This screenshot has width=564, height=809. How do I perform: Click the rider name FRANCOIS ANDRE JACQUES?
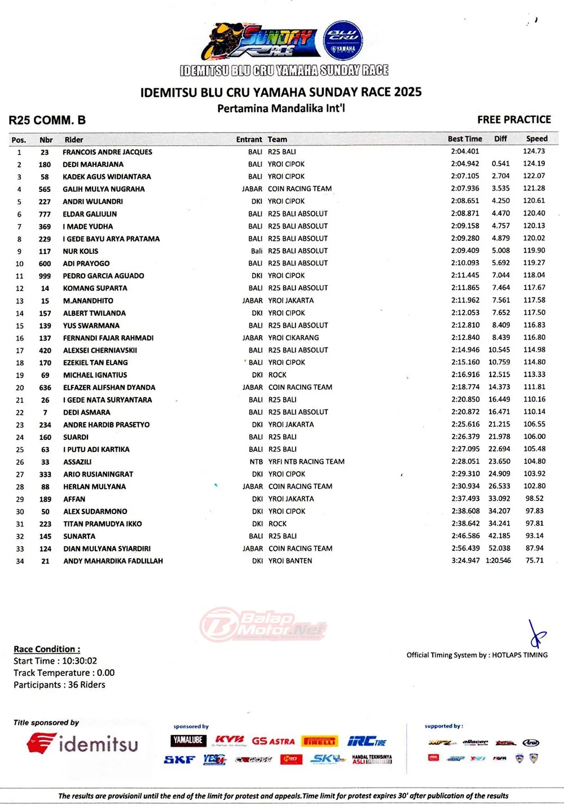click(x=107, y=152)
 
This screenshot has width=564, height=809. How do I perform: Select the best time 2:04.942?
click(x=465, y=164)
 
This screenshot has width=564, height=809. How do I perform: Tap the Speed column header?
click(x=536, y=139)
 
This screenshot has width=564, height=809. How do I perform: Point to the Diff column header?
click(x=500, y=139)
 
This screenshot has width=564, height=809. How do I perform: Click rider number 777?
click(x=45, y=214)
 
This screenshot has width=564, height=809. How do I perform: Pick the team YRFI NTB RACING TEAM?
click(x=306, y=461)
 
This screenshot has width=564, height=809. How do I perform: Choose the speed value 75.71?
click(x=534, y=560)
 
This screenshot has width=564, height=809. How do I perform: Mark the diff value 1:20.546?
click(x=498, y=560)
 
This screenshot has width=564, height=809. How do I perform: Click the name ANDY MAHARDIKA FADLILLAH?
click(x=113, y=561)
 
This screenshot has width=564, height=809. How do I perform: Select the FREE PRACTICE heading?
click(x=514, y=120)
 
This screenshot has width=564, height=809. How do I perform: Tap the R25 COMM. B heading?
click(x=47, y=120)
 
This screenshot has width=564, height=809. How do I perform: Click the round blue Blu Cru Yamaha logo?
click(x=343, y=41)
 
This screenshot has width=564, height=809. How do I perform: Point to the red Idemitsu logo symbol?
click(x=41, y=743)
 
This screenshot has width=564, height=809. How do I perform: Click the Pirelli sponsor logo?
click(x=319, y=741)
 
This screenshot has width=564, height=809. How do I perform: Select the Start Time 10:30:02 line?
click(x=55, y=661)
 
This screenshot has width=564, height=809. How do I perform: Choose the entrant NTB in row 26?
click(x=256, y=461)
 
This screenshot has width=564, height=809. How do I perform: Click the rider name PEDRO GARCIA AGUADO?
click(x=103, y=276)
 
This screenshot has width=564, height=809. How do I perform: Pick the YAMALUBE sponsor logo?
click(x=188, y=740)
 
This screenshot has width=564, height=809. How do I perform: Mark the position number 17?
click(x=20, y=350)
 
